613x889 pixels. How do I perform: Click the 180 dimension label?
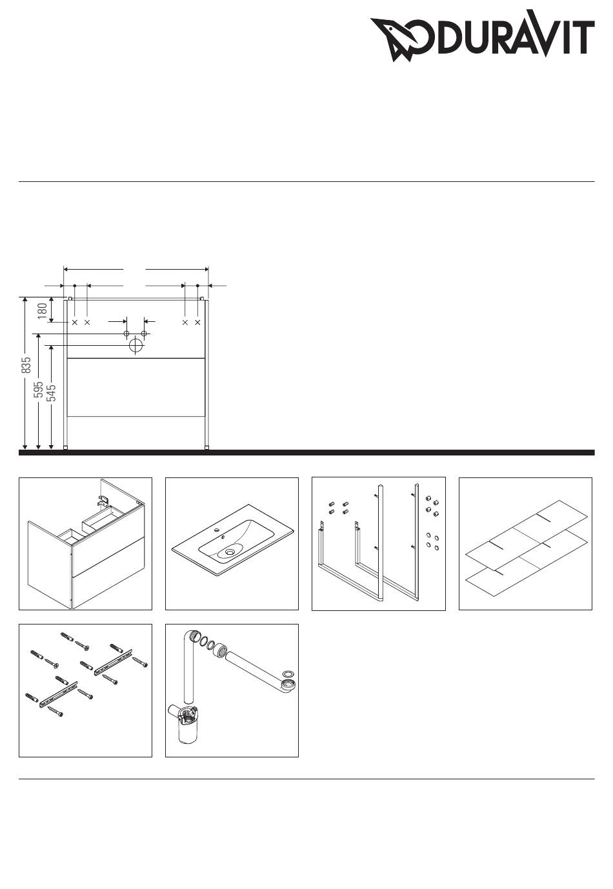tap(43, 310)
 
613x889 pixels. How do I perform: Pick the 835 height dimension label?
tap(26, 365)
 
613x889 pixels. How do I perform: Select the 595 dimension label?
tap(38, 390)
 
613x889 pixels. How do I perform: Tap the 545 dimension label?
tap(51, 394)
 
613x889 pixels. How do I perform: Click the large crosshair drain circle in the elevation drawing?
tap(136, 345)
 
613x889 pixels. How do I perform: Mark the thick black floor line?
tap(306, 452)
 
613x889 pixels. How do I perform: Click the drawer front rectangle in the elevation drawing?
tap(136, 387)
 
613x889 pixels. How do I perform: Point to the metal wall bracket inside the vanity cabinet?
tap(102, 501)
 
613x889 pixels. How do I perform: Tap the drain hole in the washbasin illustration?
tap(230, 552)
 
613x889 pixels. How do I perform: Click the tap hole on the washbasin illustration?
tap(216, 530)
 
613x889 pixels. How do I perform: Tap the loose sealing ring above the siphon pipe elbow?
tap(288, 674)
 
